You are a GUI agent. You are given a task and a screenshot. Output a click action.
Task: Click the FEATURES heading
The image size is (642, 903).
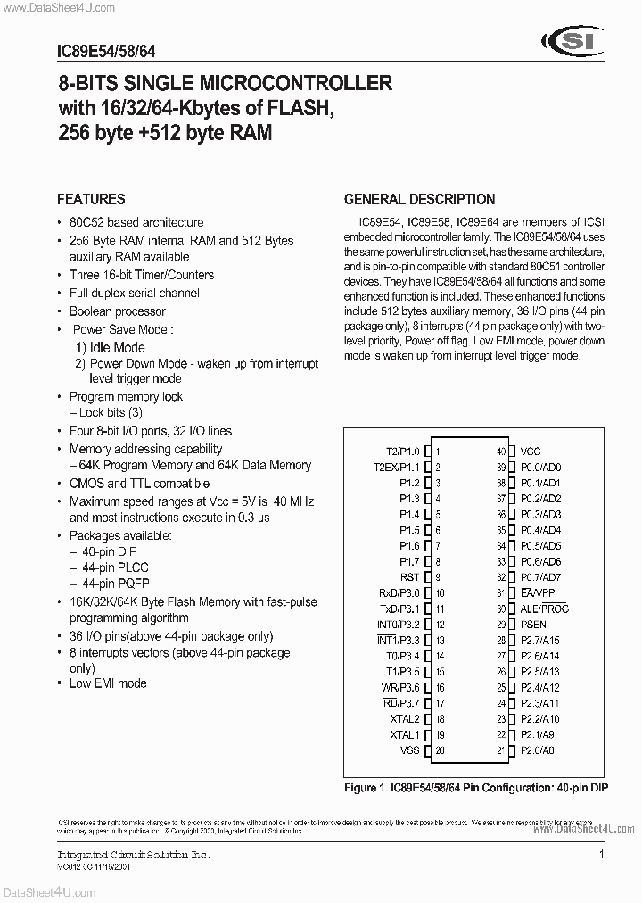coord(91,199)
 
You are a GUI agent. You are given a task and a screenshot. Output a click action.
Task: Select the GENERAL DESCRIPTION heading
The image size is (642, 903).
coord(419,199)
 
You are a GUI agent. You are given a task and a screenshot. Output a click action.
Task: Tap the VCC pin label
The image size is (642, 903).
coord(531,451)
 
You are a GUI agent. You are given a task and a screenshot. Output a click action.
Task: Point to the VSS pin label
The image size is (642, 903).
coord(409,750)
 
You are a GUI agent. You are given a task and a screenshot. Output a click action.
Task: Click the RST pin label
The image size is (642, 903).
coord(409,577)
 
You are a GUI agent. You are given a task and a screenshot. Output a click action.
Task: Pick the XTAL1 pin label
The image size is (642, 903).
coord(405,734)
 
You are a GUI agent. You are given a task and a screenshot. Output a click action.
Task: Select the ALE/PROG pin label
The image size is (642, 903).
coord(544,609)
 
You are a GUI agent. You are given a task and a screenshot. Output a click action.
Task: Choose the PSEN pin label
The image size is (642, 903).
coord(534,625)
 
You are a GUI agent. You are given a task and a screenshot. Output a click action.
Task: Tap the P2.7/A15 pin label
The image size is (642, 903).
coord(540,640)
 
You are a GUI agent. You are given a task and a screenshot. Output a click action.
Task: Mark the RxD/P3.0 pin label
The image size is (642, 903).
coord(399,592)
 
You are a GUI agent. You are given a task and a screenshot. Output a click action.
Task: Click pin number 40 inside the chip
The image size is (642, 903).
coord(501,451)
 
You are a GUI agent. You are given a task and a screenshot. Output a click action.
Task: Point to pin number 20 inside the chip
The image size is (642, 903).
coord(440,750)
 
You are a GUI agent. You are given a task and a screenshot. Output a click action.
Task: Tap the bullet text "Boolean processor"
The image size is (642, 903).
coord(118,311)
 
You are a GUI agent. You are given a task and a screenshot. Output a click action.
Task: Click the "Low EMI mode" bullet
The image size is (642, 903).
coord(108,683)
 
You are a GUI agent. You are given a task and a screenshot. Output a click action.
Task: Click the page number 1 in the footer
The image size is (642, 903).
coord(601,854)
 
